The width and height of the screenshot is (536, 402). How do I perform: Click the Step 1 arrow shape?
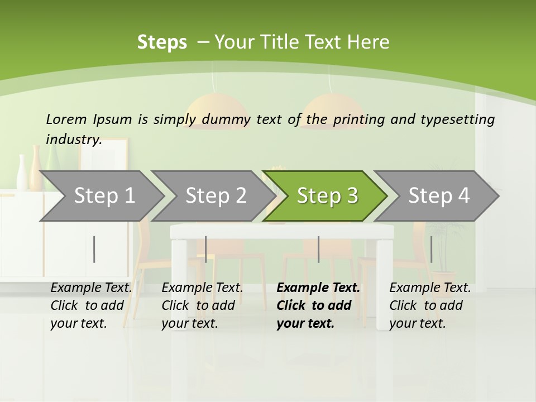(104, 195)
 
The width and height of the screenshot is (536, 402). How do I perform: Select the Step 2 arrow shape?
(216, 195)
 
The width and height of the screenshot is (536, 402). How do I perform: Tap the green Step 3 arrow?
(327, 195)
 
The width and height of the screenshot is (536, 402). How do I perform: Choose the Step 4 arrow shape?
(439, 195)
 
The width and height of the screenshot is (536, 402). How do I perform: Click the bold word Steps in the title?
(162, 42)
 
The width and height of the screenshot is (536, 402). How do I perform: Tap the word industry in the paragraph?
(73, 139)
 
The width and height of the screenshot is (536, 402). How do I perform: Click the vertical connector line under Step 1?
(94, 249)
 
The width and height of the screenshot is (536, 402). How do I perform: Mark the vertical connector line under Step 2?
(206, 249)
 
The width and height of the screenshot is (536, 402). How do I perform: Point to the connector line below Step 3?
(318, 249)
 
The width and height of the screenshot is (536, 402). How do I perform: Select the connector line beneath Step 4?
(431, 249)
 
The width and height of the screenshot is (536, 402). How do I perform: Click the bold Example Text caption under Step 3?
(318, 305)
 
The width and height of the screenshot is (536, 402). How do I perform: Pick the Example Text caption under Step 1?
(91, 305)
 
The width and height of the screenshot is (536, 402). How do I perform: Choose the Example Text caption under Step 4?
(430, 305)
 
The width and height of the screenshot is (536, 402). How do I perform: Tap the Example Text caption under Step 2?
(202, 305)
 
